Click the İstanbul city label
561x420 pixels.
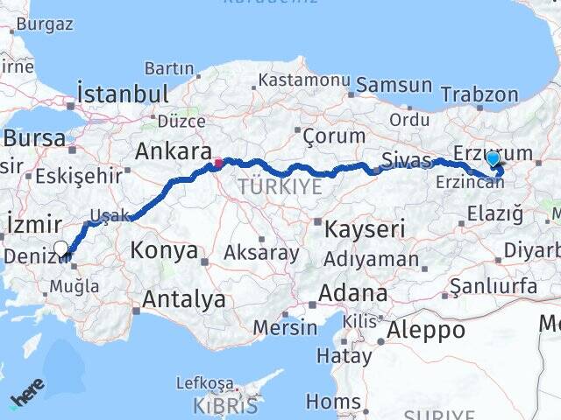click(x=122, y=93)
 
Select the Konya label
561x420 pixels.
click(x=164, y=251)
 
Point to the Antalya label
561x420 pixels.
click(x=183, y=299)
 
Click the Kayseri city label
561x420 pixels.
click(x=364, y=230)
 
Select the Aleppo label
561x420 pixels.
click(x=425, y=330)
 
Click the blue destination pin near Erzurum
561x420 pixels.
click(x=493, y=159)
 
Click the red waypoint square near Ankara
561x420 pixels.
click(x=218, y=163)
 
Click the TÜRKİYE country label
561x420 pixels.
click(x=280, y=187)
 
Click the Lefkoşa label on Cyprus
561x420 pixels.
click(x=205, y=382)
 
